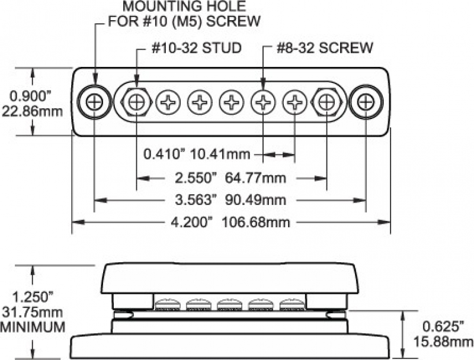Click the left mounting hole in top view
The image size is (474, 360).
click(94, 102)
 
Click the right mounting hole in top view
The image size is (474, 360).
click(364, 102)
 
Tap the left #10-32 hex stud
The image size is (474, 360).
click(137, 102)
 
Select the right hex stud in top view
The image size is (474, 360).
click(326, 102)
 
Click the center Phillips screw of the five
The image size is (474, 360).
click(231, 102)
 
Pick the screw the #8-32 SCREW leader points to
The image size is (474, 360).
click(262, 102)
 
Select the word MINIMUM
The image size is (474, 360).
click(32, 326)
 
